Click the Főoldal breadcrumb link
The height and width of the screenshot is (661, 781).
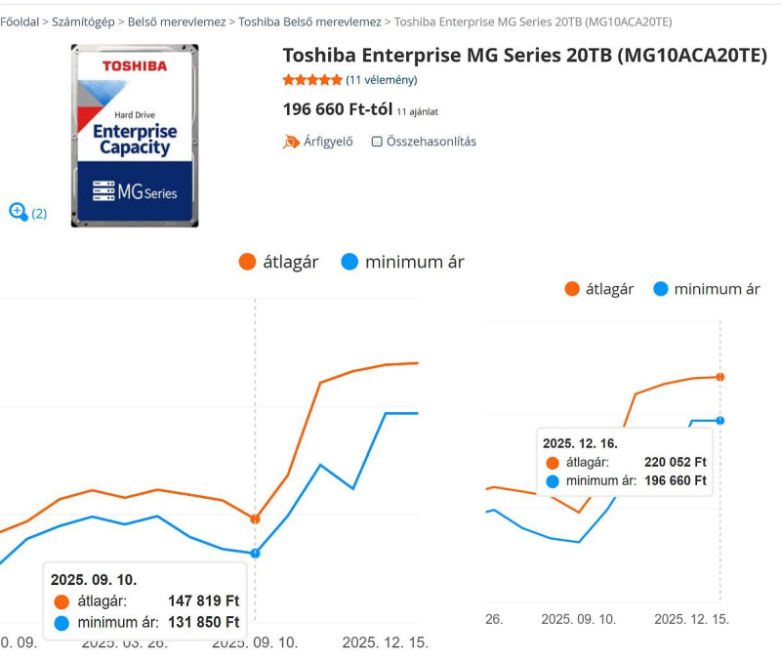click(x=20, y=21)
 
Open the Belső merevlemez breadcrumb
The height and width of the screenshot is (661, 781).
click(x=177, y=21)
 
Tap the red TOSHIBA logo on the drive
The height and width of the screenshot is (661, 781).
click(x=135, y=65)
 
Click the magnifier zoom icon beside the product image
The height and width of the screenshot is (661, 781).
click(x=18, y=211)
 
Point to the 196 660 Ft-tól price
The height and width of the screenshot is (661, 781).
click(x=337, y=109)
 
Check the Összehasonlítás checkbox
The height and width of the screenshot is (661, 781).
click(x=377, y=142)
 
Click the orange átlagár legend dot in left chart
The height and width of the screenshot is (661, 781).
click(x=247, y=262)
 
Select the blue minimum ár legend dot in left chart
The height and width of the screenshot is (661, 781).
click(x=350, y=262)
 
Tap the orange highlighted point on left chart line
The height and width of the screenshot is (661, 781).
click(x=256, y=519)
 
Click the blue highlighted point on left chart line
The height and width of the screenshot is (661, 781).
click(x=256, y=553)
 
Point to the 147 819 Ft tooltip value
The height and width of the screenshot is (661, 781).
click(x=204, y=601)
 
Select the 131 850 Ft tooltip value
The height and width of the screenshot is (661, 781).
click(x=204, y=622)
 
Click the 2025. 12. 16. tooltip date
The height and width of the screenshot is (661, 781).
click(x=580, y=443)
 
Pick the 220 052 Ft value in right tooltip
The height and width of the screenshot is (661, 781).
click(x=676, y=462)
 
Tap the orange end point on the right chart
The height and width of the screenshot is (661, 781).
click(x=720, y=376)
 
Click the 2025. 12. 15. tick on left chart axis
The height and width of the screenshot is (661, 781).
click(x=385, y=643)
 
